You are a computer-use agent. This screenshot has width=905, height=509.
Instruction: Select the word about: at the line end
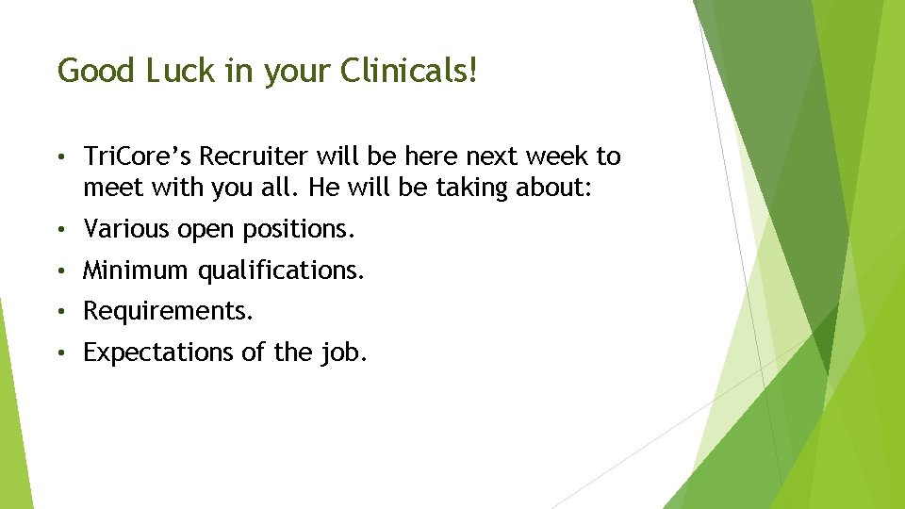554,188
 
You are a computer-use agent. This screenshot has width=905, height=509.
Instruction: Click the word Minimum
136,271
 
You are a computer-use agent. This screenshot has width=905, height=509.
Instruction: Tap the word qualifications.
280,271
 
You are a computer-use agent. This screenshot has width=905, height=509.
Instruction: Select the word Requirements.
168,312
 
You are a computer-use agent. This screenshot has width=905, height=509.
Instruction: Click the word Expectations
156,353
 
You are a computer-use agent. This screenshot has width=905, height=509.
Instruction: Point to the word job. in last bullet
346,353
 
